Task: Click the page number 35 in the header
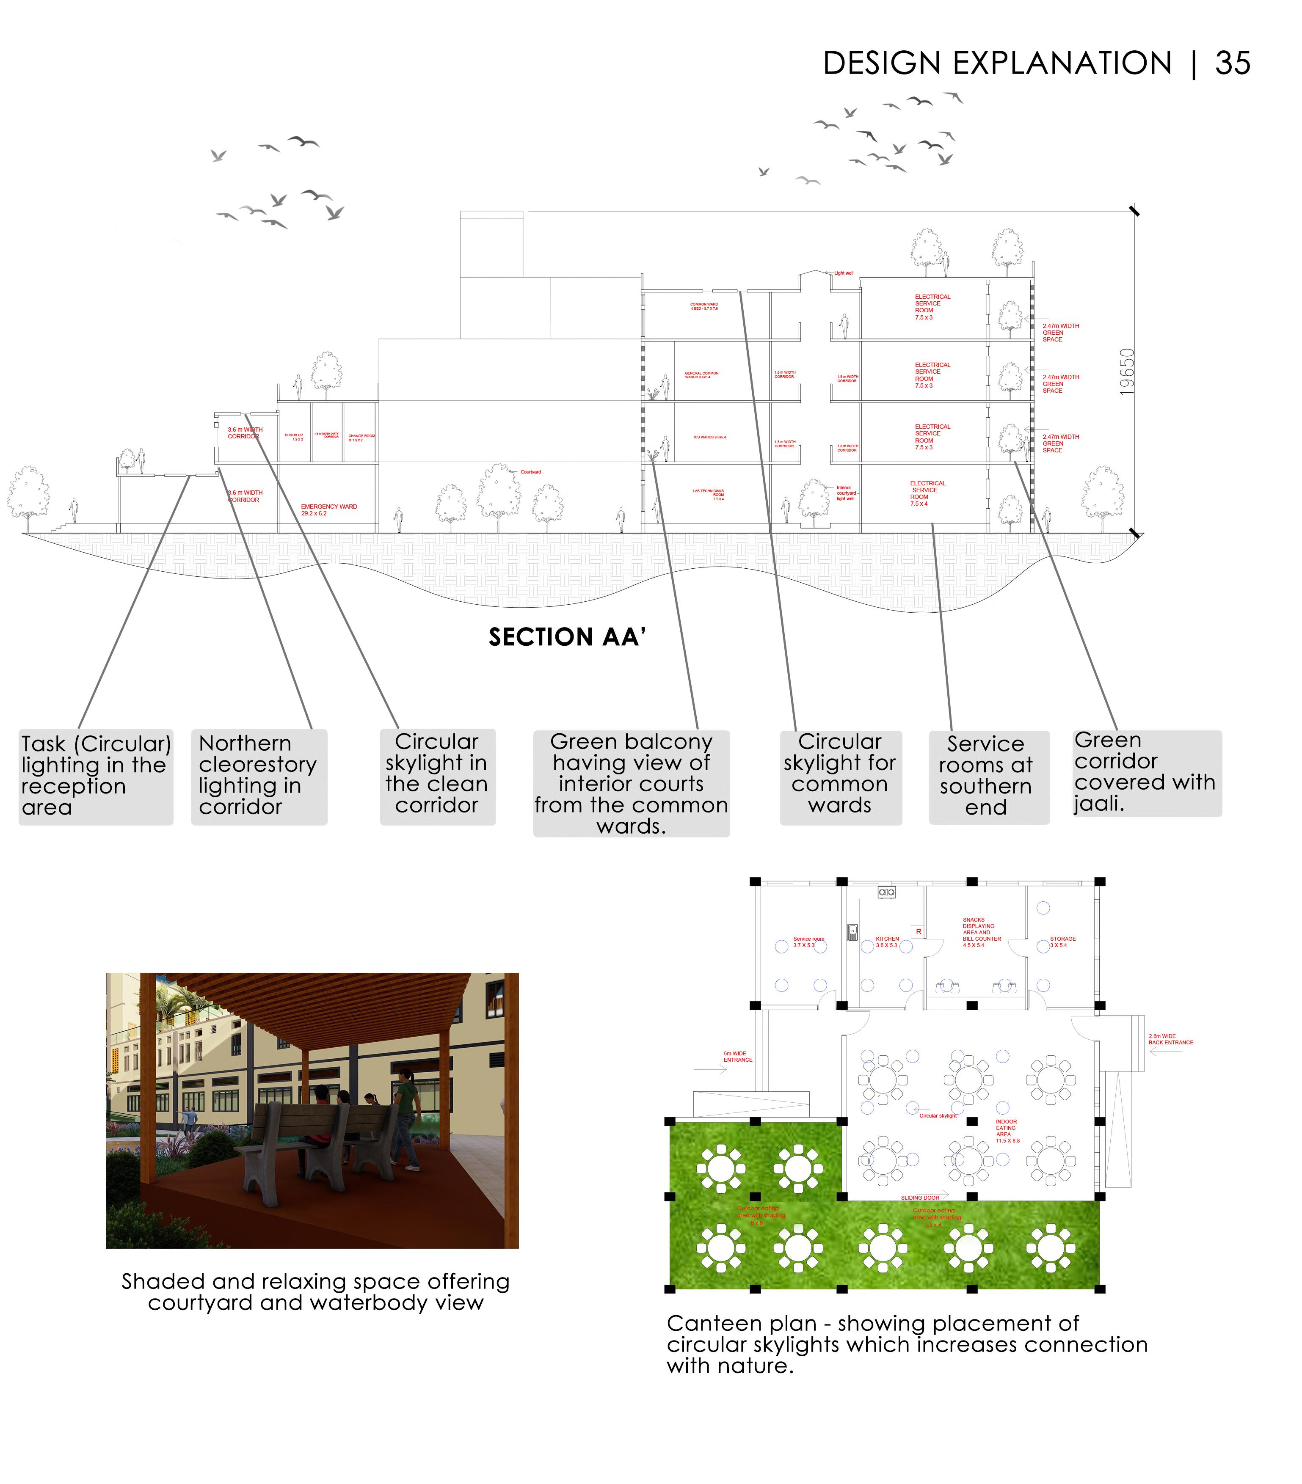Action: coord(1232,64)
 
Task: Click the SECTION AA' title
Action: coord(566,637)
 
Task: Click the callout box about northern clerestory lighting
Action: coord(259,775)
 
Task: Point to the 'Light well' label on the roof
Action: coord(843,273)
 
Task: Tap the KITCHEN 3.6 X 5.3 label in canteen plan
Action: coord(887,942)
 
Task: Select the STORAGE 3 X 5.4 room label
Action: coord(1062,942)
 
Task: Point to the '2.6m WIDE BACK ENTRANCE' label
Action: coord(1170,1039)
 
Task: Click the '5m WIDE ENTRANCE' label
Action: coord(737,1056)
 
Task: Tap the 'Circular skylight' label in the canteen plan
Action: coord(938,1115)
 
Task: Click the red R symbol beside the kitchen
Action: coord(918,931)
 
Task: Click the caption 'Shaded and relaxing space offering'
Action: coord(315,1281)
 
